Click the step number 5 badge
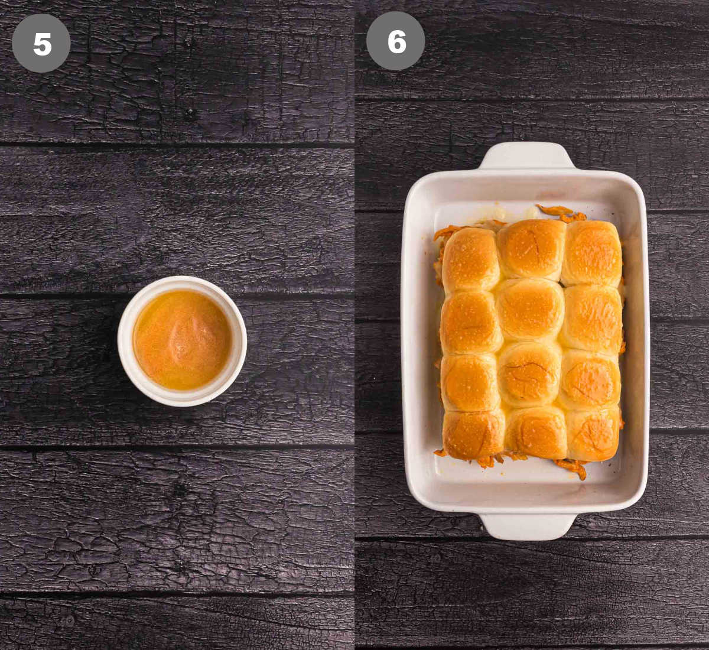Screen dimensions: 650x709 41,43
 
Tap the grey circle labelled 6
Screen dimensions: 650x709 395,41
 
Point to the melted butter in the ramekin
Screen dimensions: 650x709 181,340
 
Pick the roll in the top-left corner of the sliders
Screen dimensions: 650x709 471,259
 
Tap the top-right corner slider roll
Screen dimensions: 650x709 592,253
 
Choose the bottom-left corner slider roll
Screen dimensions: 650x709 473,434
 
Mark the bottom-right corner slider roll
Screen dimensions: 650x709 593,433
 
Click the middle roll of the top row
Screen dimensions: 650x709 531,248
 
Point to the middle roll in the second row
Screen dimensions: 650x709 530,310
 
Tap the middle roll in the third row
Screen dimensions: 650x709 529,374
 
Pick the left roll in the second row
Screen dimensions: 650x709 470,322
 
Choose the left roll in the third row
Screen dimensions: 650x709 470,382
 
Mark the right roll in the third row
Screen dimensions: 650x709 591,379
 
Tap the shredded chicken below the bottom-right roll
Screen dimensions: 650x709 572,467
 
